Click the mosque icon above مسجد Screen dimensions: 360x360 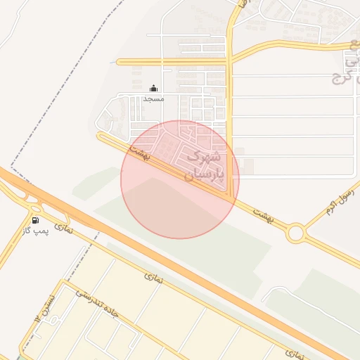pyautogui.click(x=154, y=89)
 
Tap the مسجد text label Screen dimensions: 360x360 pyautogui.click(x=153, y=99)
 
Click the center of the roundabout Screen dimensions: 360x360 pyautogui.click(x=295, y=232)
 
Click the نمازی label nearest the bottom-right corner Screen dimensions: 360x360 pyautogui.click(x=296, y=354)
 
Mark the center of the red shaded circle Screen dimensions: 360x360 pyautogui.click(x=180, y=179)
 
